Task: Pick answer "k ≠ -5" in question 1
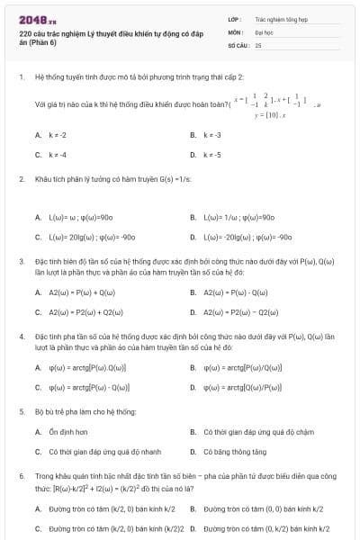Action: click(x=212, y=154)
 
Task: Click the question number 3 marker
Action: click(x=21, y=259)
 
